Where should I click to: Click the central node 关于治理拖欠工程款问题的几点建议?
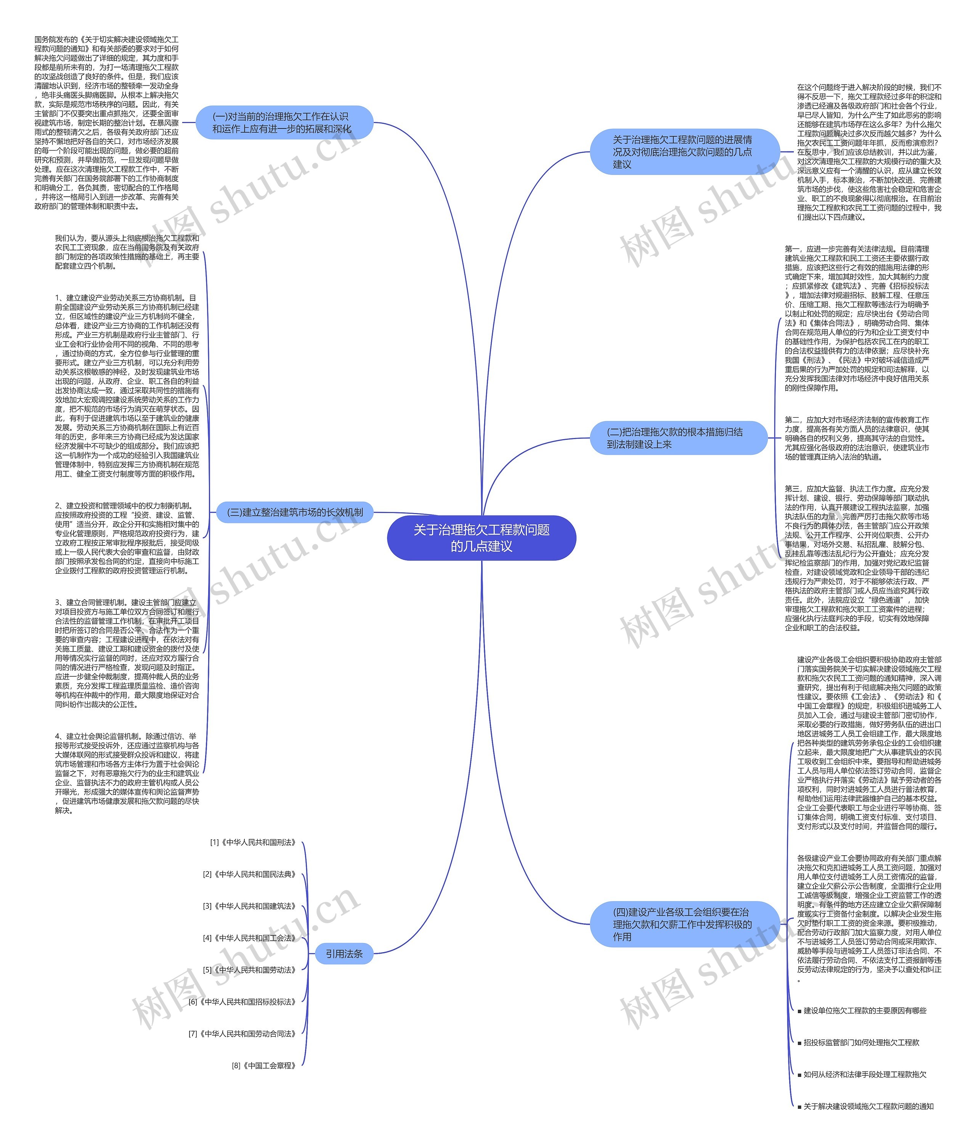[x=482, y=538]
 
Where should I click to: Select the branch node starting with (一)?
[x=284, y=123]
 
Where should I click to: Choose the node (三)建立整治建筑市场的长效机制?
[x=295, y=512]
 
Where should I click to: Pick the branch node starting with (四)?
[x=684, y=924]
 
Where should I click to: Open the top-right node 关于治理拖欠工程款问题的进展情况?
[x=684, y=152]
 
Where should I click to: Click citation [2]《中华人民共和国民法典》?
[x=250, y=874]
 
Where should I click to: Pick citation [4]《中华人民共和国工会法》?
[x=250, y=938]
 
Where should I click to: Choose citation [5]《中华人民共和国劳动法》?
[x=250, y=969]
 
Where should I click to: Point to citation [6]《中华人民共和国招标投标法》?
[x=242, y=1001]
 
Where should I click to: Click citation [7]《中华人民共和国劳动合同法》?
[x=242, y=1033]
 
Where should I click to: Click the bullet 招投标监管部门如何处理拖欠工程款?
[x=860, y=1042]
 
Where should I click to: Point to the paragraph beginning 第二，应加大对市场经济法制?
[x=857, y=438]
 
